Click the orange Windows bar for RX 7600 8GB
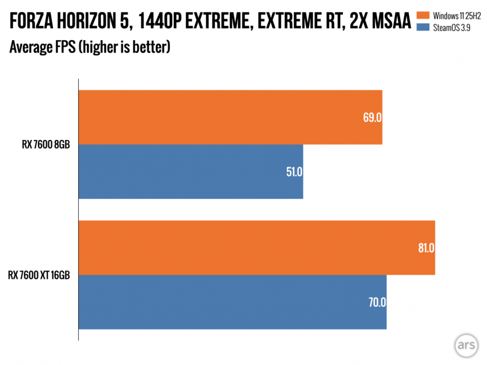pos(230,117)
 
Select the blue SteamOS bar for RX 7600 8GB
pos(191,171)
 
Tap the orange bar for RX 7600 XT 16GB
pos(257,247)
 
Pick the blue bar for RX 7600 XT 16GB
pos(232,302)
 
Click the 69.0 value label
pos(372,117)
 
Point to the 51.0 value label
pos(293,172)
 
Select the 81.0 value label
pos(425,248)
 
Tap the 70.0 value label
pos(377,303)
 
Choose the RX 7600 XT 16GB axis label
pos(39,275)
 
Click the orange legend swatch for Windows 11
pos(422,15)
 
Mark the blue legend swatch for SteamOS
pos(422,26)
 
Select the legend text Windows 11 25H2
pos(454,15)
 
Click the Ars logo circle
pos(465,345)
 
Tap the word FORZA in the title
pos(36,23)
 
